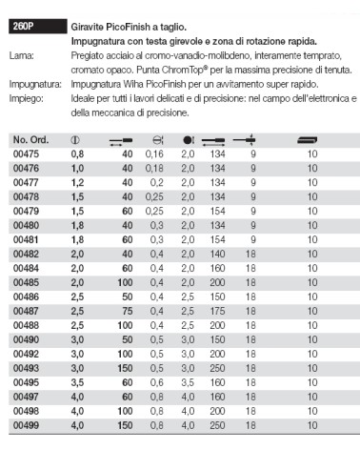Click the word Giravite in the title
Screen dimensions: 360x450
(x=89, y=28)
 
